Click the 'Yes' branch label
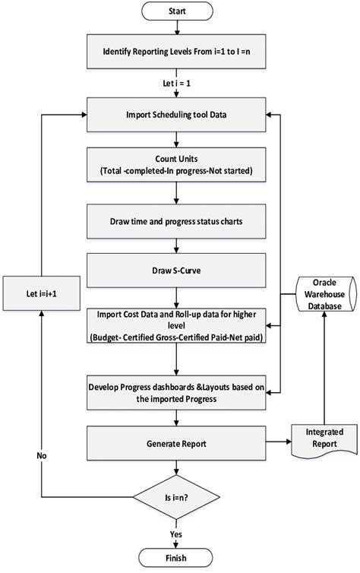pyautogui.click(x=176, y=534)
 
